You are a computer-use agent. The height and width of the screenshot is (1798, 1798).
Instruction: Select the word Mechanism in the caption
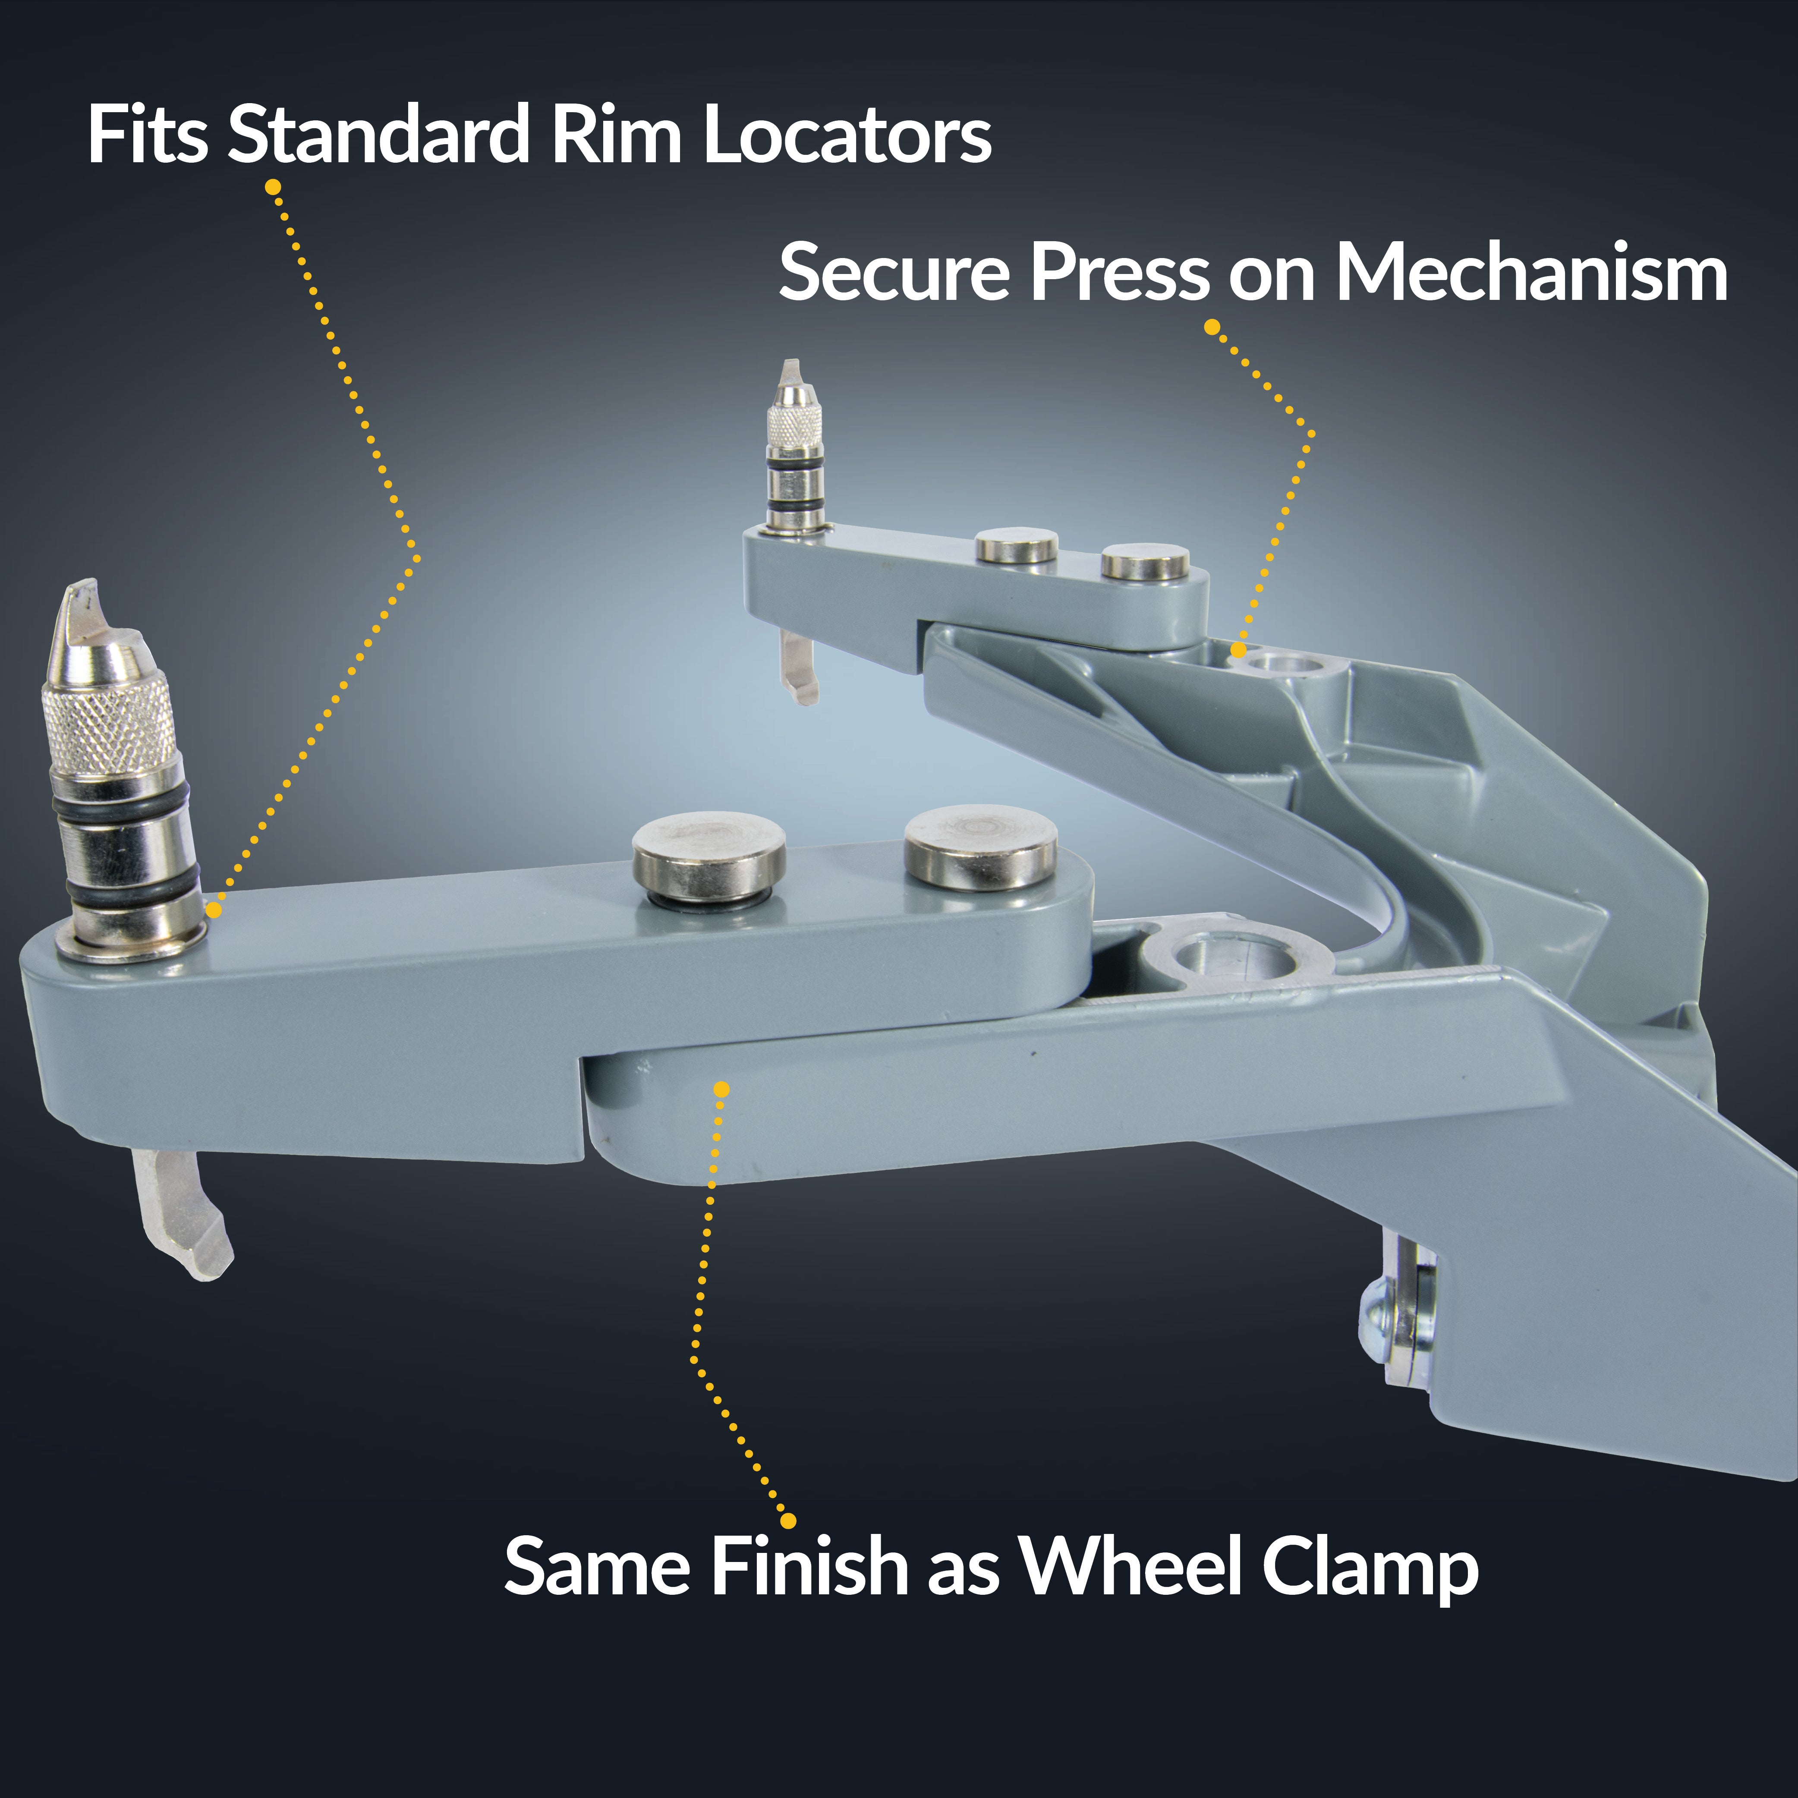coord(1532,273)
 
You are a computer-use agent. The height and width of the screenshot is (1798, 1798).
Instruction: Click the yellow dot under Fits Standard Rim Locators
coord(273,187)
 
